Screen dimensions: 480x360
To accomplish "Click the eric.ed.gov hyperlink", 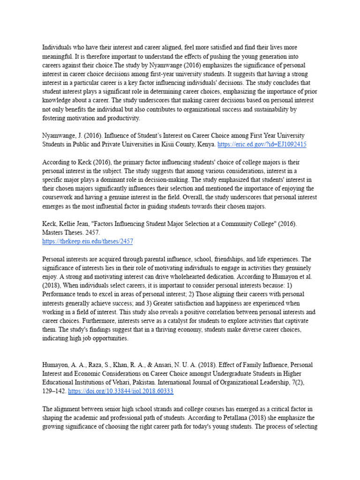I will click(x=262, y=144).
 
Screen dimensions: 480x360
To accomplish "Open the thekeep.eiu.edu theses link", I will click(x=88, y=241).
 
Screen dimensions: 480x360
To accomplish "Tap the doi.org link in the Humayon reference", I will click(x=121, y=390).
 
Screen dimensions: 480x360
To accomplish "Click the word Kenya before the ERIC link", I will click(x=206, y=144).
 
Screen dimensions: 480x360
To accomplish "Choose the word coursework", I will click(x=60, y=197).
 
